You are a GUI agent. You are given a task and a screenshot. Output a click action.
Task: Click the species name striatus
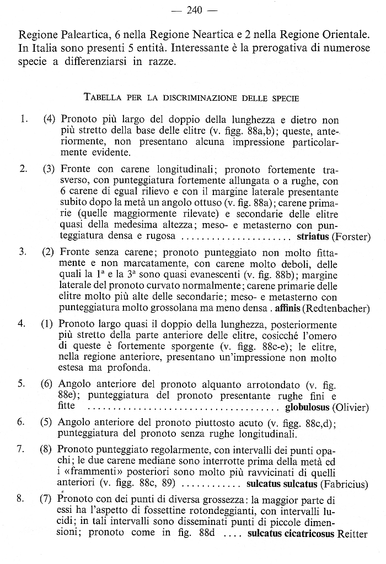[313, 237]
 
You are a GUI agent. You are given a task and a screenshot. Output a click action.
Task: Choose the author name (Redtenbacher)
[336, 308]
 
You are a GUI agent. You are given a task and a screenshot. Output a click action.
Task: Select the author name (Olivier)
[351, 408]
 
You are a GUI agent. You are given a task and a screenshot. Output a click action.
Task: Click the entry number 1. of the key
[23, 119]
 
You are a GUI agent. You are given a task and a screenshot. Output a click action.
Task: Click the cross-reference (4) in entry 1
[49, 119]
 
